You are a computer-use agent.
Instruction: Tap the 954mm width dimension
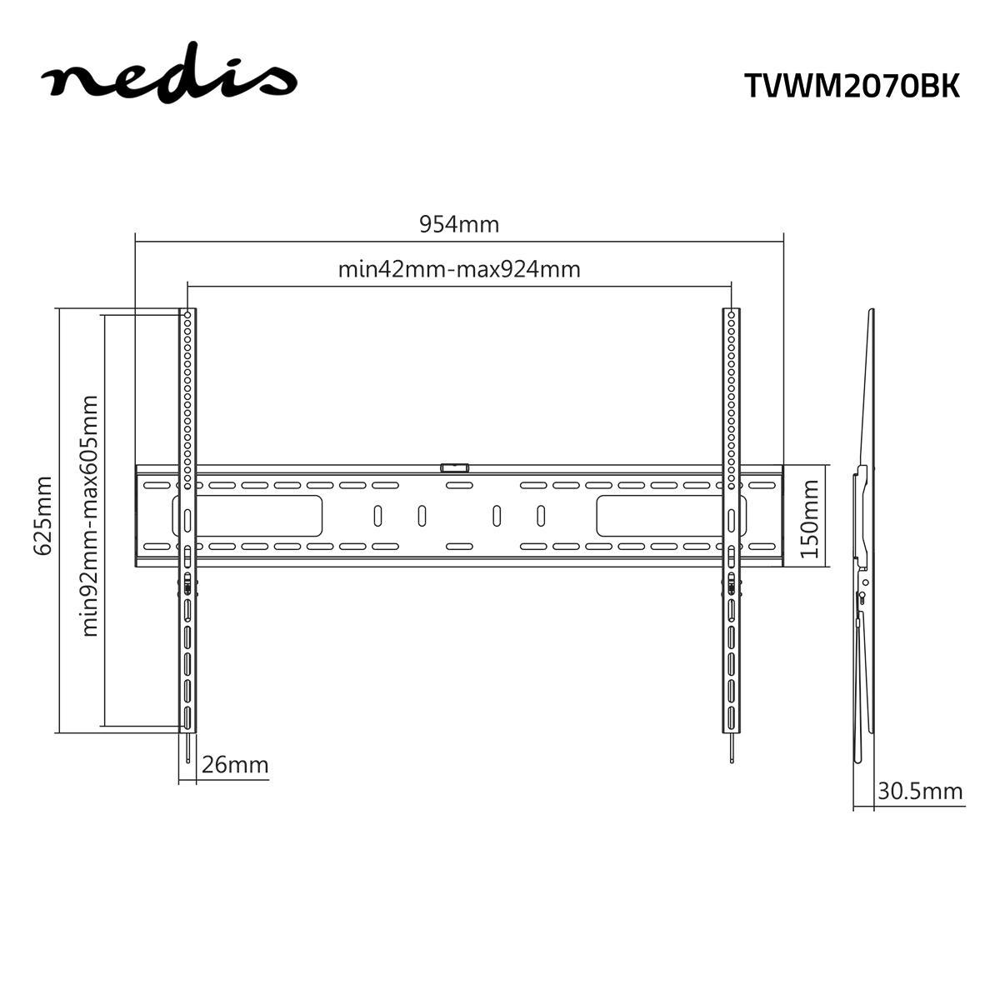[458, 224]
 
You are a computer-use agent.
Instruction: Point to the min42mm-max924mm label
[458, 269]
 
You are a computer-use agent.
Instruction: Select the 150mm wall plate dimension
[812, 517]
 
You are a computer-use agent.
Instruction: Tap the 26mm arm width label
[235, 764]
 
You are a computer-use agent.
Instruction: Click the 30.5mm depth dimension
[920, 791]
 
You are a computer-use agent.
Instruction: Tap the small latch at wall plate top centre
[455, 468]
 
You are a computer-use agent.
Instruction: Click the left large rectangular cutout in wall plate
[250, 516]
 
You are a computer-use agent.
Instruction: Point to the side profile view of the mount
[863, 533]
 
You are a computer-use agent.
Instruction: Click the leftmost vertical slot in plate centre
[377, 516]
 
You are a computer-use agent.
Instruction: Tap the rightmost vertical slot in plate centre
[540, 516]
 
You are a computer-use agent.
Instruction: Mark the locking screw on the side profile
[861, 596]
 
